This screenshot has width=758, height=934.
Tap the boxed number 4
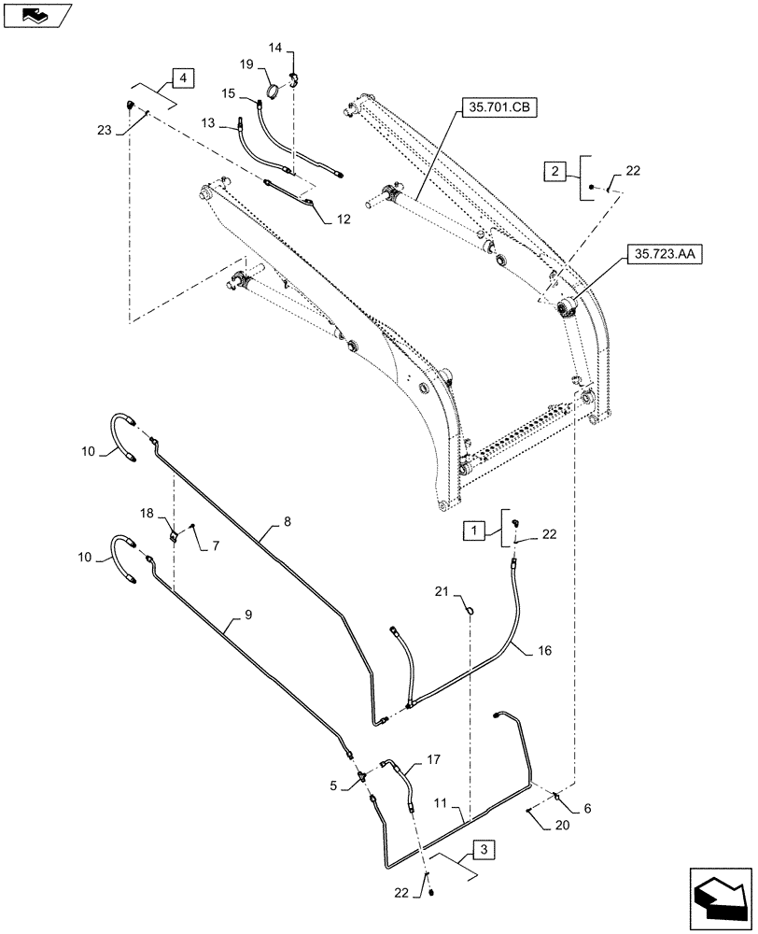coord(182,78)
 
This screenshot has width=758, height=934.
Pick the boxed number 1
coord(476,530)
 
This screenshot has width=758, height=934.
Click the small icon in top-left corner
coord(36,14)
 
